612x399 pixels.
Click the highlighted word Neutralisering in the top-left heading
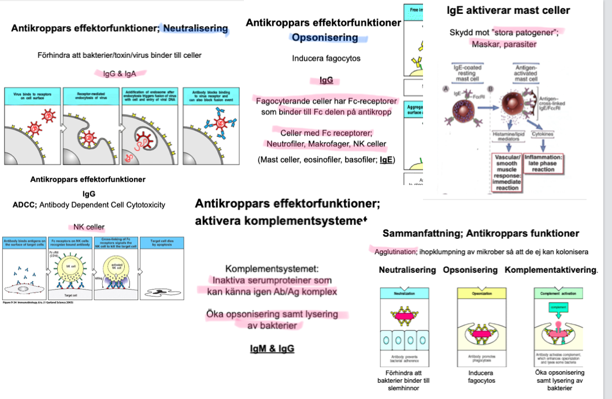tap(195, 28)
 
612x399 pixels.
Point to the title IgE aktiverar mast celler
tap(509, 10)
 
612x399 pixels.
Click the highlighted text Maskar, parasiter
tap(504, 44)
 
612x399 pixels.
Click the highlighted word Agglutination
tap(394, 252)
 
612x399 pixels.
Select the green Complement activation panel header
tap(559, 293)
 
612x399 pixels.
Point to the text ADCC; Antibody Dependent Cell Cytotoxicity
tap(88, 205)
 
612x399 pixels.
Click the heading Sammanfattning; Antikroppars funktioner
tap(481, 234)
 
